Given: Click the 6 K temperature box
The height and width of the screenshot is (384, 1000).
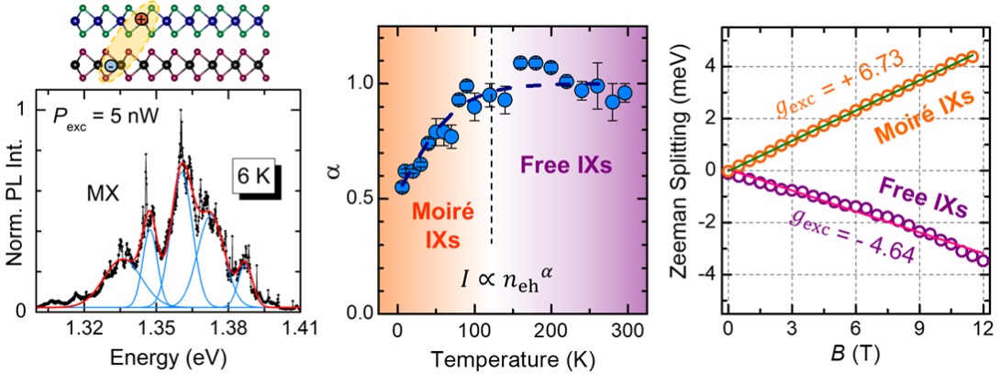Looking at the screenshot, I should click(x=254, y=174).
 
